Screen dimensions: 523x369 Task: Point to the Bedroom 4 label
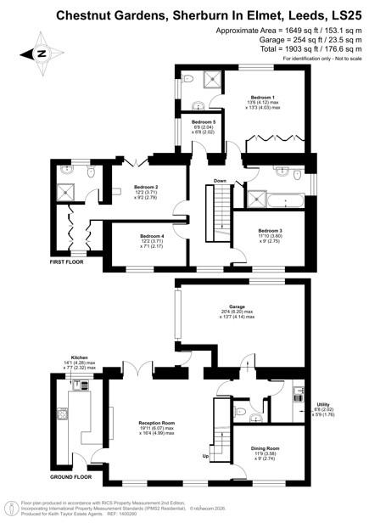(152, 236)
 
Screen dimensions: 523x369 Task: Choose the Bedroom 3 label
(268, 230)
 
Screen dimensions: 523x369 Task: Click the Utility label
(322, 404)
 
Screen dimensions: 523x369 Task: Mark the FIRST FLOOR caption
(68, 263)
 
